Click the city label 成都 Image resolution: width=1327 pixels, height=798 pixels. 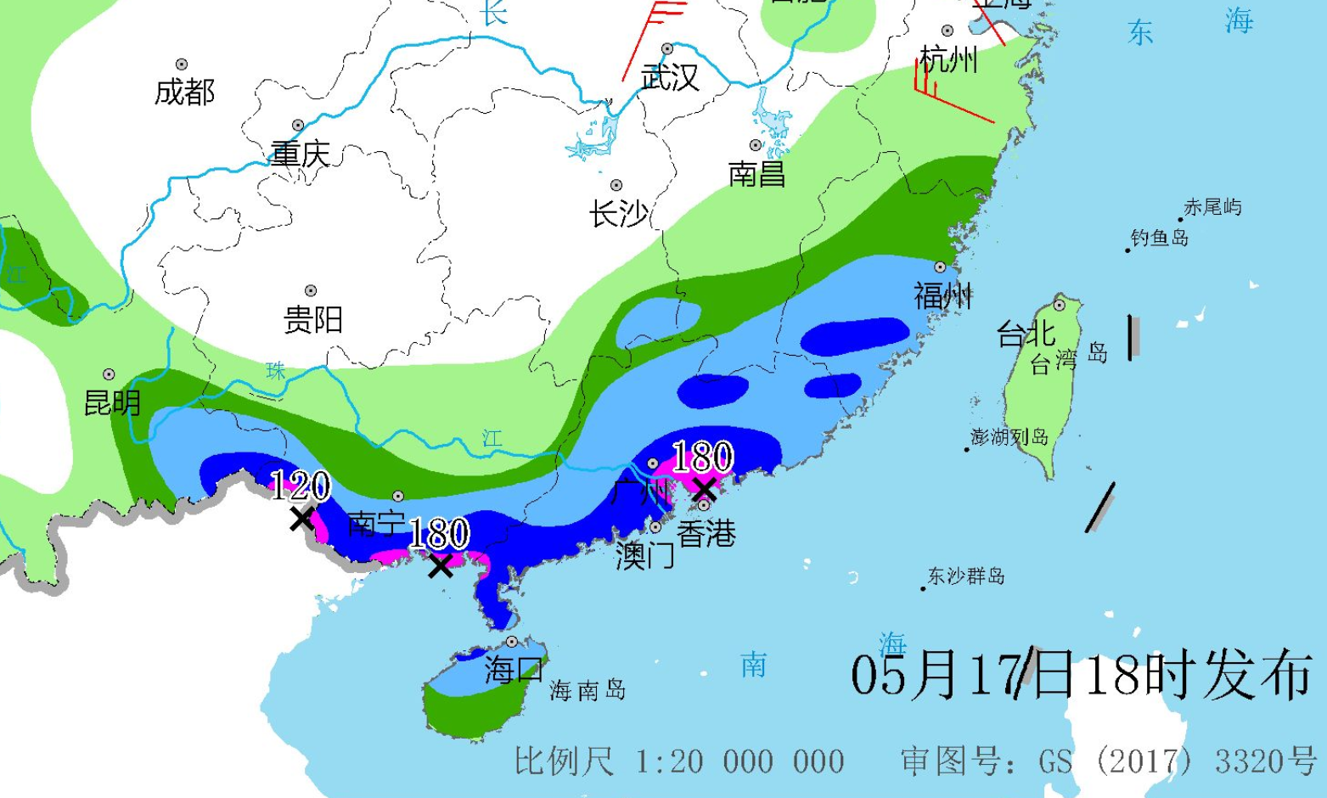(184, 92)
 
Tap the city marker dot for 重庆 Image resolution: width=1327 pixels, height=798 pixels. (298, 126)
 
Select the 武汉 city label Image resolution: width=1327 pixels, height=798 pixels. (670, 77)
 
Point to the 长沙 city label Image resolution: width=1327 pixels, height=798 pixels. (618, 214)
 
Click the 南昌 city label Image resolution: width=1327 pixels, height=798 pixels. (756, 174)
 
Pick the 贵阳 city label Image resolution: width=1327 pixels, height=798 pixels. (312, 320)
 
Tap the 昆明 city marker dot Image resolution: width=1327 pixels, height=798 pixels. (110, 374)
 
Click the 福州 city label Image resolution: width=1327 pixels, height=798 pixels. (942, 296)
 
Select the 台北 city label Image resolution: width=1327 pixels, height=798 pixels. (1025, 334)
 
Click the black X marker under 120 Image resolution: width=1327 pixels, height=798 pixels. (301, 518)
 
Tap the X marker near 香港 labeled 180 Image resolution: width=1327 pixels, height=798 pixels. (703, 488)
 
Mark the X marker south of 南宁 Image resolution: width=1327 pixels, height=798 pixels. (440, 565)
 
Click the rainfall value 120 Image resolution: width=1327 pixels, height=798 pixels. (300, 486)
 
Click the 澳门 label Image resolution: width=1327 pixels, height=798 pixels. (644, 555)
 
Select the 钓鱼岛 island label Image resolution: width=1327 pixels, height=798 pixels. (1159, 238)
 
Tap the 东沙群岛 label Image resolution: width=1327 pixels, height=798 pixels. (965, 576)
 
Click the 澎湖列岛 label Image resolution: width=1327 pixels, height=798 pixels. (1009, 437)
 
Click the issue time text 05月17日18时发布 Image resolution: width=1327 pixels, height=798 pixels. (1082, 676)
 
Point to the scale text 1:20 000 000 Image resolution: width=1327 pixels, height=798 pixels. (739, 761)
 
